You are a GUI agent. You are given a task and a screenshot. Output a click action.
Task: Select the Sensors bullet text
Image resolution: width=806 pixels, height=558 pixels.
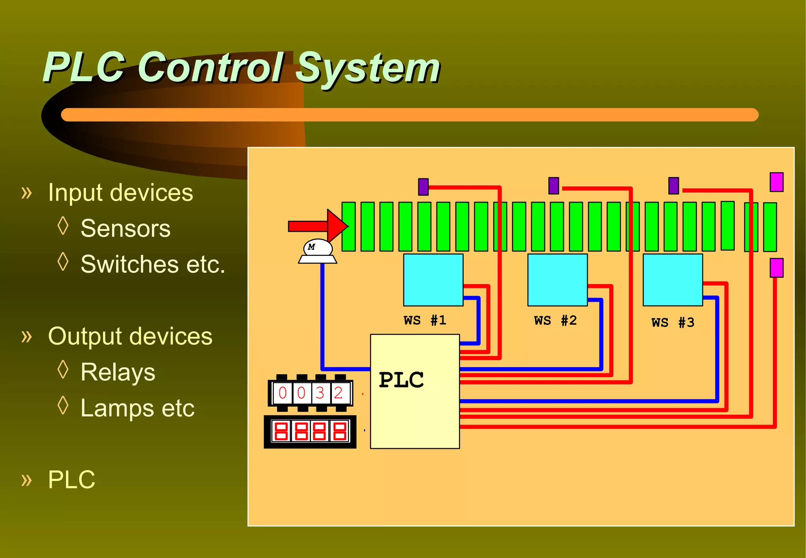click(125, 228)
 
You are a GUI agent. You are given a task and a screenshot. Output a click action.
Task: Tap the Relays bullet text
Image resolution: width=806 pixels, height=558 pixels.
click(118, 372)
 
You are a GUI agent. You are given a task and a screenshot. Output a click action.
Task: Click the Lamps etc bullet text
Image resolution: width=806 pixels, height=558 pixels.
click(137, 408)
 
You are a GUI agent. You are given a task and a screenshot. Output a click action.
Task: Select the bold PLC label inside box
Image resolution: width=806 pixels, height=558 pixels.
click(401, 380)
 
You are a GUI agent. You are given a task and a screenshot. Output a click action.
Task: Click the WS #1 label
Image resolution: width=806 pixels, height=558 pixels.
click(425, 320)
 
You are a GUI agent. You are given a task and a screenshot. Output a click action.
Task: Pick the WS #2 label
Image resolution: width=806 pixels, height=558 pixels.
click(555, 320)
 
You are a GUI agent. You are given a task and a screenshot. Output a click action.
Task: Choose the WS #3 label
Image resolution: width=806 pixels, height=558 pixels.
click(673, 323)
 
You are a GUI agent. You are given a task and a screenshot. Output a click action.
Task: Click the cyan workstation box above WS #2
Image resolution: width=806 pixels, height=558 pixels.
click(557, 280)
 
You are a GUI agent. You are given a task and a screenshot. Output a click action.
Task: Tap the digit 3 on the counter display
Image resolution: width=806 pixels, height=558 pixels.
click(320, 393)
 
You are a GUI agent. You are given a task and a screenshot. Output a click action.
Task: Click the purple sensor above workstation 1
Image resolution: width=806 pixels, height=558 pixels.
click(423, 187)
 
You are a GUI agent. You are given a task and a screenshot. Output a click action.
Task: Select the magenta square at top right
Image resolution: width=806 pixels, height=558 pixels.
click(776, 182)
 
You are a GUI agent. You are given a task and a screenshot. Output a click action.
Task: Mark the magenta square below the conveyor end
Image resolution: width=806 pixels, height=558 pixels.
click(776, 268)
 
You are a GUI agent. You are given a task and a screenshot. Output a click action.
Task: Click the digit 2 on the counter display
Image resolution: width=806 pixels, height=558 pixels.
click(338, 393)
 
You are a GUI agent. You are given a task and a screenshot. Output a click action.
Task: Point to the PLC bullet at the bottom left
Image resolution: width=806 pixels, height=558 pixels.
click(71, 479)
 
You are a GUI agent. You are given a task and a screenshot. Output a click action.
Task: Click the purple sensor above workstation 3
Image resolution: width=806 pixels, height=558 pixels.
click(673, 185)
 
